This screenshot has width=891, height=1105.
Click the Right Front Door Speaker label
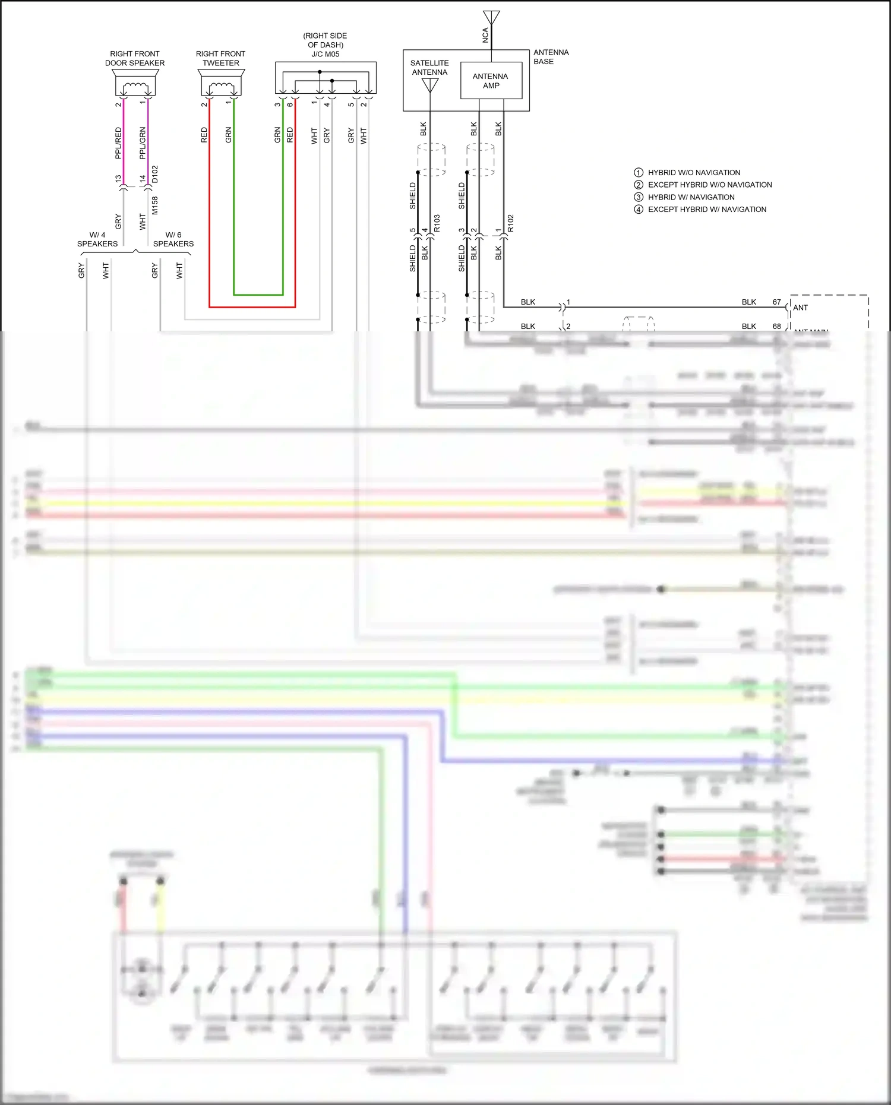coord(135,58)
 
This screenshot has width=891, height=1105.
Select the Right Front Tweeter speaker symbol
coord(221,83)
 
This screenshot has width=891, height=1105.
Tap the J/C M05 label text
coord(325,54)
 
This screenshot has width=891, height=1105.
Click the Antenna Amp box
coord(491,81)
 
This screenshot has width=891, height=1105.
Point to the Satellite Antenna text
coord(429,67)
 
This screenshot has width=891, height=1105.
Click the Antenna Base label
coord(551,57)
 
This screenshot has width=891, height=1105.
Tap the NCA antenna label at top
coord(485,35)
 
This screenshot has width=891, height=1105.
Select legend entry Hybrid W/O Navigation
coord(694,172)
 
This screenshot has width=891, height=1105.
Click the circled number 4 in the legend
coord(639,210)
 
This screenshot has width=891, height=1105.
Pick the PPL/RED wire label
coord(118,143)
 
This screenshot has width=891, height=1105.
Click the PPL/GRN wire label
coord(143,143)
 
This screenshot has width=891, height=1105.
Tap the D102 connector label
coord(155,174)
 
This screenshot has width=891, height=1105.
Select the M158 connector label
coord(155,205)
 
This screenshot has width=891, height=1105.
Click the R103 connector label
coord(437,223)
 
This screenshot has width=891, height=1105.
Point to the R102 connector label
coord(510,223)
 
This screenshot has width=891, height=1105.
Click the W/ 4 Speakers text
coord(97,239)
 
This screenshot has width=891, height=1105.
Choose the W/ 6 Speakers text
coord(173,239)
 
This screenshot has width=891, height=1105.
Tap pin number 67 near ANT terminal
coord(776,302)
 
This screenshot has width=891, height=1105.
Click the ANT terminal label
coord(800,308)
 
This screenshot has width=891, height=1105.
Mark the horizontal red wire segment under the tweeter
coord(252,307)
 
